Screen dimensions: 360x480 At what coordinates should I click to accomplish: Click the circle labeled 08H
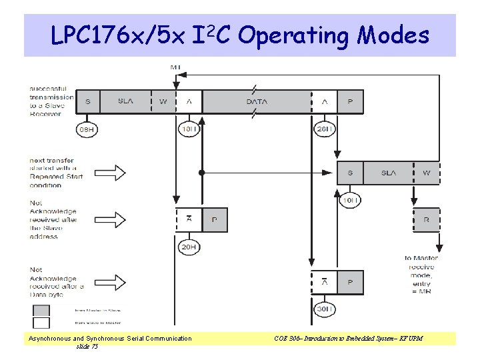(87, 129)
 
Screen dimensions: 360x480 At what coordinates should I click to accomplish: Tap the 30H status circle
(324, 310)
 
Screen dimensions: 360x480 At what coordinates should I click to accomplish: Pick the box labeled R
(427, 219)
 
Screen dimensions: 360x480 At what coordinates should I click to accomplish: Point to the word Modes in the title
(393, 35)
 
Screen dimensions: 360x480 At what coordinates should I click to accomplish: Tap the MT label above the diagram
(175, 67)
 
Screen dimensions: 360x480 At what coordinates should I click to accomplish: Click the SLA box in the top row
(125, 101)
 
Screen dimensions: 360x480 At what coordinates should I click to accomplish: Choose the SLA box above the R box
(388, 173)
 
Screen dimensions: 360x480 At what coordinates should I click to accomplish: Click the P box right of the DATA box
(351, 101)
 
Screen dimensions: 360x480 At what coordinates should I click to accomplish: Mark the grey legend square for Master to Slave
(41, 310)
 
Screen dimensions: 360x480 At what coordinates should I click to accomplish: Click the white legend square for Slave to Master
(41, 323)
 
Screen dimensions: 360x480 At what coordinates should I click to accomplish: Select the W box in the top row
(163, 101)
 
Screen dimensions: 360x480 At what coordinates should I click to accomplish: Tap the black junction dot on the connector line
(201, 173)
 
